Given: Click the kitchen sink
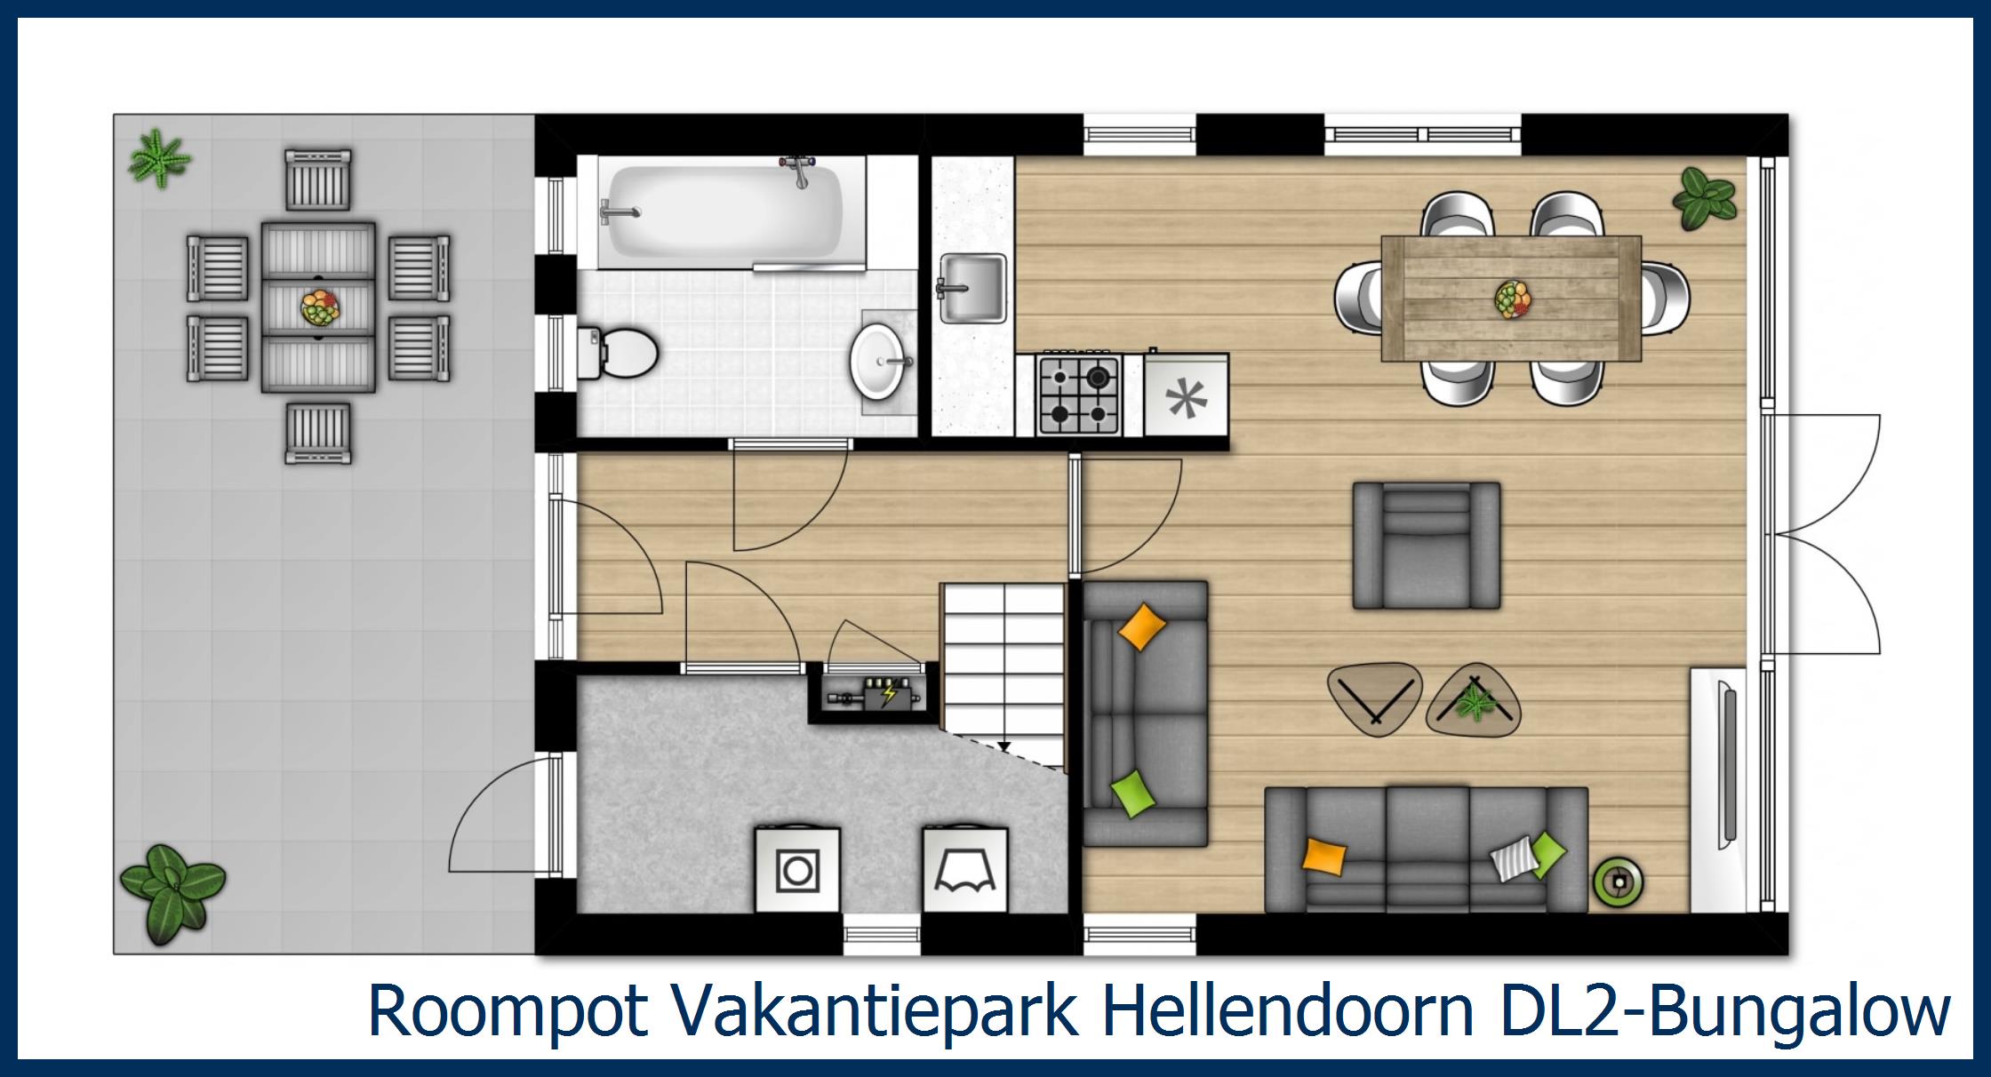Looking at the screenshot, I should coord(973,287).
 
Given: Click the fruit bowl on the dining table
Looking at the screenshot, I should coord(1512,298).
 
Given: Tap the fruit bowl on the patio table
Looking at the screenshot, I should coord(320,308).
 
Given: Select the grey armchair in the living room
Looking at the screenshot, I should coord(1426,545).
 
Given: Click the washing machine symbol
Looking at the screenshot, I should coord(797,870).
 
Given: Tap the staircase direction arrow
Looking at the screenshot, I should coord(1003,746).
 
